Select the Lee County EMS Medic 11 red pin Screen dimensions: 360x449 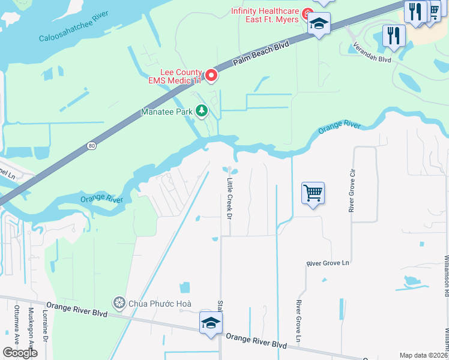[x=211, y=75]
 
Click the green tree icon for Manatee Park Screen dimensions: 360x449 [x=202, y=111]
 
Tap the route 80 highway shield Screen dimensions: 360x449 [x=91, y=145]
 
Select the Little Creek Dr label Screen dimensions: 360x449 [x=229, y=198]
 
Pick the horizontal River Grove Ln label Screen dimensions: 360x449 [x=328, y=263]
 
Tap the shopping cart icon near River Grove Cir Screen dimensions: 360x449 [x=313, y=193]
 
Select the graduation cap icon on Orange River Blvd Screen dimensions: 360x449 [x=211, y=322]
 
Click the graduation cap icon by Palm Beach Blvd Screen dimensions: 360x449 [x=319, y=24]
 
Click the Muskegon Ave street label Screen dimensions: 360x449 [x=31, y=329]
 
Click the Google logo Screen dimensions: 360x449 [x=20, y=353]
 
